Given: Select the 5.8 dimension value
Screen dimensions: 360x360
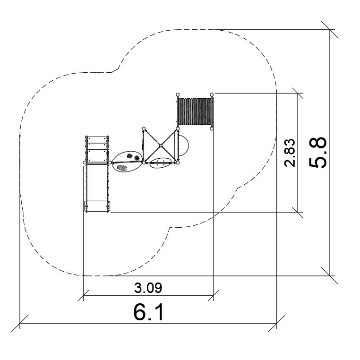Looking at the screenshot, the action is pos(317,153).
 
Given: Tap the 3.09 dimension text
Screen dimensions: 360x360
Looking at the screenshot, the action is pos(148,288).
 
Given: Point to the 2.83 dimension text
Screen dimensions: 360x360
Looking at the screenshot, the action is pos(289,153).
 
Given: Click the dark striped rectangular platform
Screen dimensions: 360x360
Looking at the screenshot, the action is pos(195,111).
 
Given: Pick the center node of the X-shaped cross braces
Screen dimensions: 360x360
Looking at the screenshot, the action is pos(161,146).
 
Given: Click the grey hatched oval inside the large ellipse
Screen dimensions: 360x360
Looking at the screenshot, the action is pos(122,168).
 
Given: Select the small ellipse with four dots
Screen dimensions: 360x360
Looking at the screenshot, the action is pos(161,163).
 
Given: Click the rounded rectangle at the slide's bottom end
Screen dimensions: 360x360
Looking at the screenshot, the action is pos(97,206).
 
